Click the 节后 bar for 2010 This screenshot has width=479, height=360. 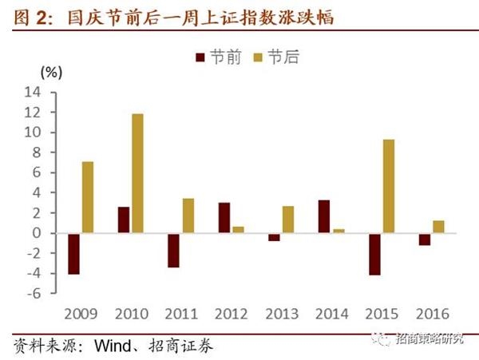(138, 173)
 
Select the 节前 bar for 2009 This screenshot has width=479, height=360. (73, 254)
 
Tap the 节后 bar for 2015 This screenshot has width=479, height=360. (388, 186)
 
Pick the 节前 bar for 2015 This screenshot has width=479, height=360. (374, 254)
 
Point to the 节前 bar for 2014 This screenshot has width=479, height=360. (324, 216)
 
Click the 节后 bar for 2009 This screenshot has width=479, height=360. (88, 197)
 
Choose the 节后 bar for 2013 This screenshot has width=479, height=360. (288, 220)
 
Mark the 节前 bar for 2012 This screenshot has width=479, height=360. (224, 218)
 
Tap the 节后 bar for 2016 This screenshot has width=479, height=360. (438, 227)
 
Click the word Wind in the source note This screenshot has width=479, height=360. (113, 347)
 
